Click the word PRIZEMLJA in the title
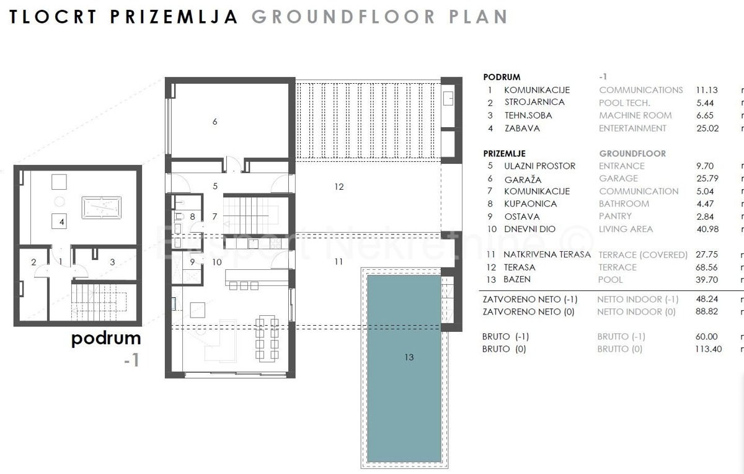[174, 17]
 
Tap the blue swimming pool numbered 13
[404, 369]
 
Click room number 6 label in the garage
[215, 122]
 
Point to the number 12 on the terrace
[338, 187]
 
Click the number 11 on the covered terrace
[338, 262]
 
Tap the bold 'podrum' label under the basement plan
[106, 339]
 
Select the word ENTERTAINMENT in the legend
[632, 128]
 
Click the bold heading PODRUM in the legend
[502, 78]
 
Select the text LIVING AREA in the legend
[626, 229]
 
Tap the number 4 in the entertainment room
[62, 221]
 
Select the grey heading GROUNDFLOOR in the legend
[632, 153]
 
